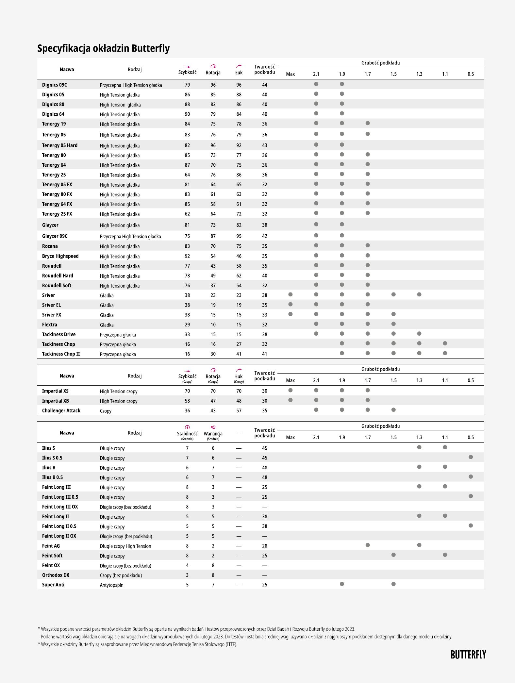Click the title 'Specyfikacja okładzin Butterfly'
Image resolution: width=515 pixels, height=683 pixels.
[103, 48]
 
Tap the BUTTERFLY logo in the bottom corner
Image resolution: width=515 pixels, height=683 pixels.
[468, 655]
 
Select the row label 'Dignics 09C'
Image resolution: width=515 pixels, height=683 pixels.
[55, 85]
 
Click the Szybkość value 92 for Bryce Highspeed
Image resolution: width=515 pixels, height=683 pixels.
[187, 256]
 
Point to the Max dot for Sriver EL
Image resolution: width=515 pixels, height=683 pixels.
[290, 305]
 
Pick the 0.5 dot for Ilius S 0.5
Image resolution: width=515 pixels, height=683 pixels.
[471, 457]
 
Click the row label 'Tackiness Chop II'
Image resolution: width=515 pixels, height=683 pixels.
[61, 354]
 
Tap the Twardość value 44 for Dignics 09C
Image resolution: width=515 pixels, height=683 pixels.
[265, 85]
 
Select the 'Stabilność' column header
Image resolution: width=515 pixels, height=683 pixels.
[187, 434]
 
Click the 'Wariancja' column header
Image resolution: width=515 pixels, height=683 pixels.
[213, 434]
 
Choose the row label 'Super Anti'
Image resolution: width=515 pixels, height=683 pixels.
[53, 585]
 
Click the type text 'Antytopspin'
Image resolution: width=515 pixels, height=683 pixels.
[112, 585]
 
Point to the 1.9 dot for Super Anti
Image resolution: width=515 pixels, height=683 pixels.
[342, 584]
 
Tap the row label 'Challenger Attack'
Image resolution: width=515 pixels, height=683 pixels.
[61, 411]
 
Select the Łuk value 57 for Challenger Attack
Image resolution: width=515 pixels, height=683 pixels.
[239, 411]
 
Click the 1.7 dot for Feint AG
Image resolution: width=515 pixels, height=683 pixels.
[368, 545]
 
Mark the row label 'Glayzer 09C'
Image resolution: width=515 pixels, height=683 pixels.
[55, 236]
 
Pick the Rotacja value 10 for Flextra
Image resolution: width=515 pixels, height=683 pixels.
[213, 325]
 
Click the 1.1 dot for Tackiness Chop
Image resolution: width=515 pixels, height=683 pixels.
[445, 343]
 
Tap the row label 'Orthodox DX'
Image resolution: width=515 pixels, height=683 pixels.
[56, 575]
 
